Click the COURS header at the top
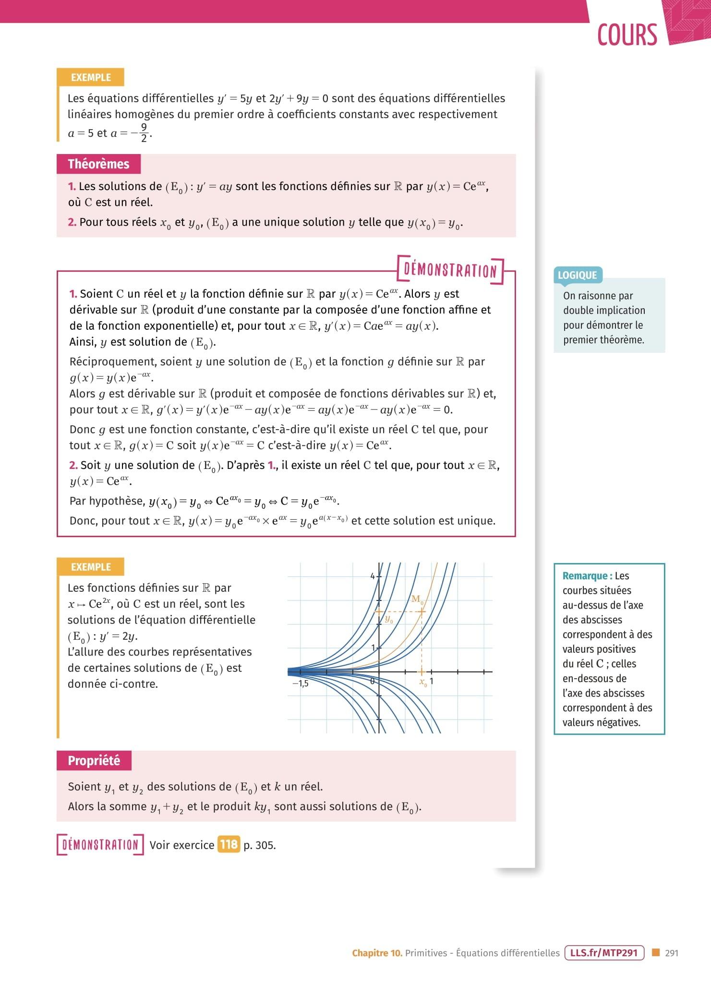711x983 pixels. [627, 35]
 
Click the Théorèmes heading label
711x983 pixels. [98, 164]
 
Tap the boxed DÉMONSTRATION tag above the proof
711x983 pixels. [450, 271]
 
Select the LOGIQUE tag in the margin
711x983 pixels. [577, 275]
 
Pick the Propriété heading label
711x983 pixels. [94, 761]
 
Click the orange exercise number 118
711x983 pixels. [229, 844]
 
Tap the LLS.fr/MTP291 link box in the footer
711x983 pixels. [603, 953]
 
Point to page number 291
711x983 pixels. [672, 953]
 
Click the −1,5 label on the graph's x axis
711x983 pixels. [301, 683]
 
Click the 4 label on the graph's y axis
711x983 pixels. [372, 576]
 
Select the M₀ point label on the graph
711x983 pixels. [416, 599]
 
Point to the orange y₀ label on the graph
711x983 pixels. [388, 620]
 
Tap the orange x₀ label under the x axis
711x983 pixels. [422, 683]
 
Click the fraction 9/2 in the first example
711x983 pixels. [144, 132]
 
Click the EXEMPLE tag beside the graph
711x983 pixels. [91, 567]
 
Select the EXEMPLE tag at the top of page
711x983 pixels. [91, 77]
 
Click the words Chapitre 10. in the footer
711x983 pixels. [377, 953]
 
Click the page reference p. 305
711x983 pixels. [259, 845]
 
